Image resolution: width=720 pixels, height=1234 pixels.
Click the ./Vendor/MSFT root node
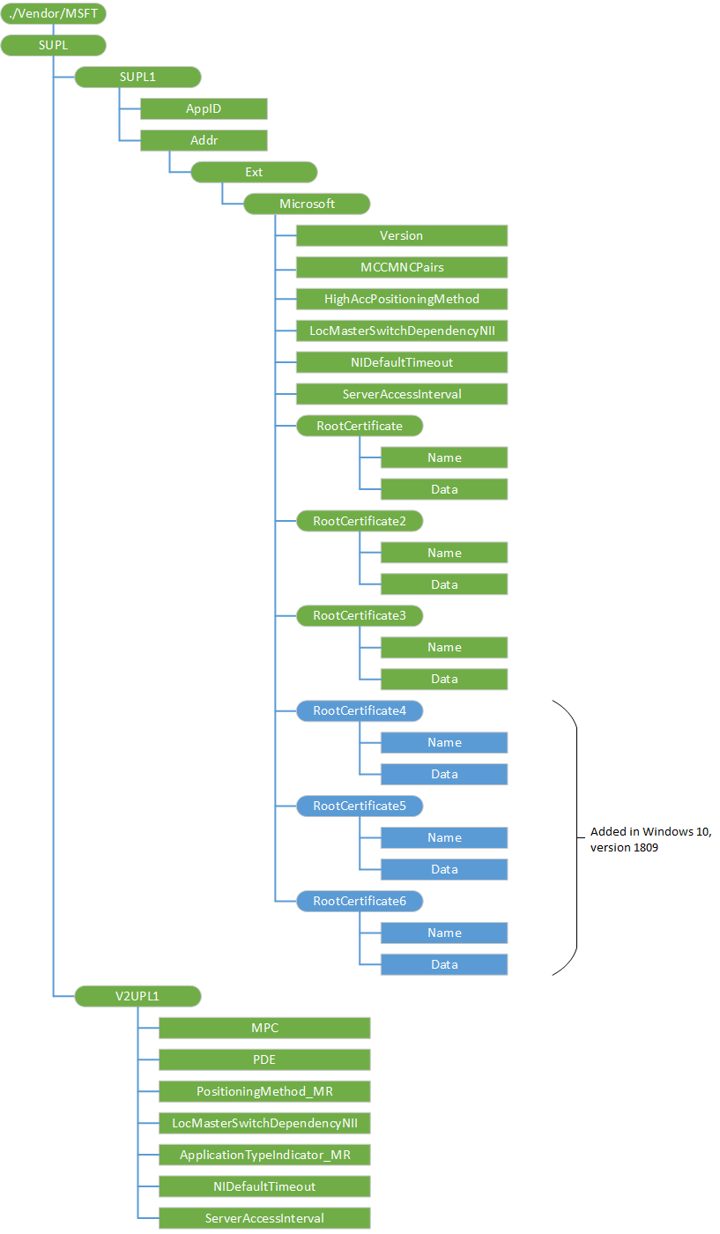53,14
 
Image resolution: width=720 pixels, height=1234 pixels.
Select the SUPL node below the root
53,46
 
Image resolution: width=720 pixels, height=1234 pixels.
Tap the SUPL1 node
137,78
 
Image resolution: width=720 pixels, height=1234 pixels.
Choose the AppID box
204,109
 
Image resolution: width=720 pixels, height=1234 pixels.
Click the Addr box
204,141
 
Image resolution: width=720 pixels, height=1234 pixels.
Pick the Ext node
254,173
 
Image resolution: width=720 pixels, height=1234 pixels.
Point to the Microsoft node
307,204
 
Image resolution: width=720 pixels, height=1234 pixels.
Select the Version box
401,236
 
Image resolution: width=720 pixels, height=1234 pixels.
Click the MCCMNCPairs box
401,268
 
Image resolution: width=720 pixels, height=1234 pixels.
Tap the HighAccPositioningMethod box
401,300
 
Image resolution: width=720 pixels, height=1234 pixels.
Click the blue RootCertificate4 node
360,711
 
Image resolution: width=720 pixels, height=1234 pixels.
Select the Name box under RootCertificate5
444,838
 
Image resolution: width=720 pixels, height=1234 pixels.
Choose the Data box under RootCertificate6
444,965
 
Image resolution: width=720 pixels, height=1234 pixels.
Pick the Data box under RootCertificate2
444,585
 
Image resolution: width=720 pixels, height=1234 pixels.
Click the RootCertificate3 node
360,616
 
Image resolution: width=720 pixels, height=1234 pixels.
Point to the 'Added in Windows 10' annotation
650,839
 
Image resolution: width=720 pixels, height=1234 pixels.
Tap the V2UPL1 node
137,997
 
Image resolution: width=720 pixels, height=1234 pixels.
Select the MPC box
264,1029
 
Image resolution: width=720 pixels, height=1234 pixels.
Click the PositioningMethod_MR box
264,1092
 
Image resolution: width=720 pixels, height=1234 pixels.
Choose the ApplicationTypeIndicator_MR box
264,1156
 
